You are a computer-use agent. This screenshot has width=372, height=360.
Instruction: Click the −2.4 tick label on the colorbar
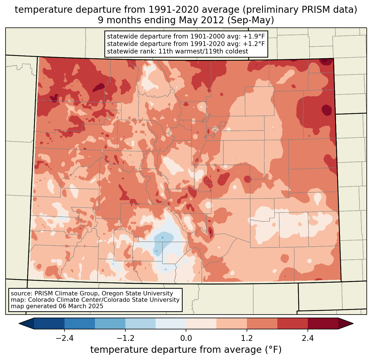(x=64, y=338)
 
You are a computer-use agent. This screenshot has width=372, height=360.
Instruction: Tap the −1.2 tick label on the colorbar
(x=125, y=338)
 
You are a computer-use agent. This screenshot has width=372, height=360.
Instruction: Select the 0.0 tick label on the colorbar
(x=186, y=338)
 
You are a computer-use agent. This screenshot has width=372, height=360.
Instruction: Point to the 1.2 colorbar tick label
(x=247, y=338)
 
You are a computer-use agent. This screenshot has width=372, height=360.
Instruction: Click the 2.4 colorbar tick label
(x=308, y=338)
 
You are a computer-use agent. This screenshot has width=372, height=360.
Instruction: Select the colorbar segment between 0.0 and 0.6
(x=201, y=323)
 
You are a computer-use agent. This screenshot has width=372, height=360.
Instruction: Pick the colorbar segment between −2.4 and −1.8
(x=80, y=323)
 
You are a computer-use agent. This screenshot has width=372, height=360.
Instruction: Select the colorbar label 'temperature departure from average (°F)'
(x=186, y=350)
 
